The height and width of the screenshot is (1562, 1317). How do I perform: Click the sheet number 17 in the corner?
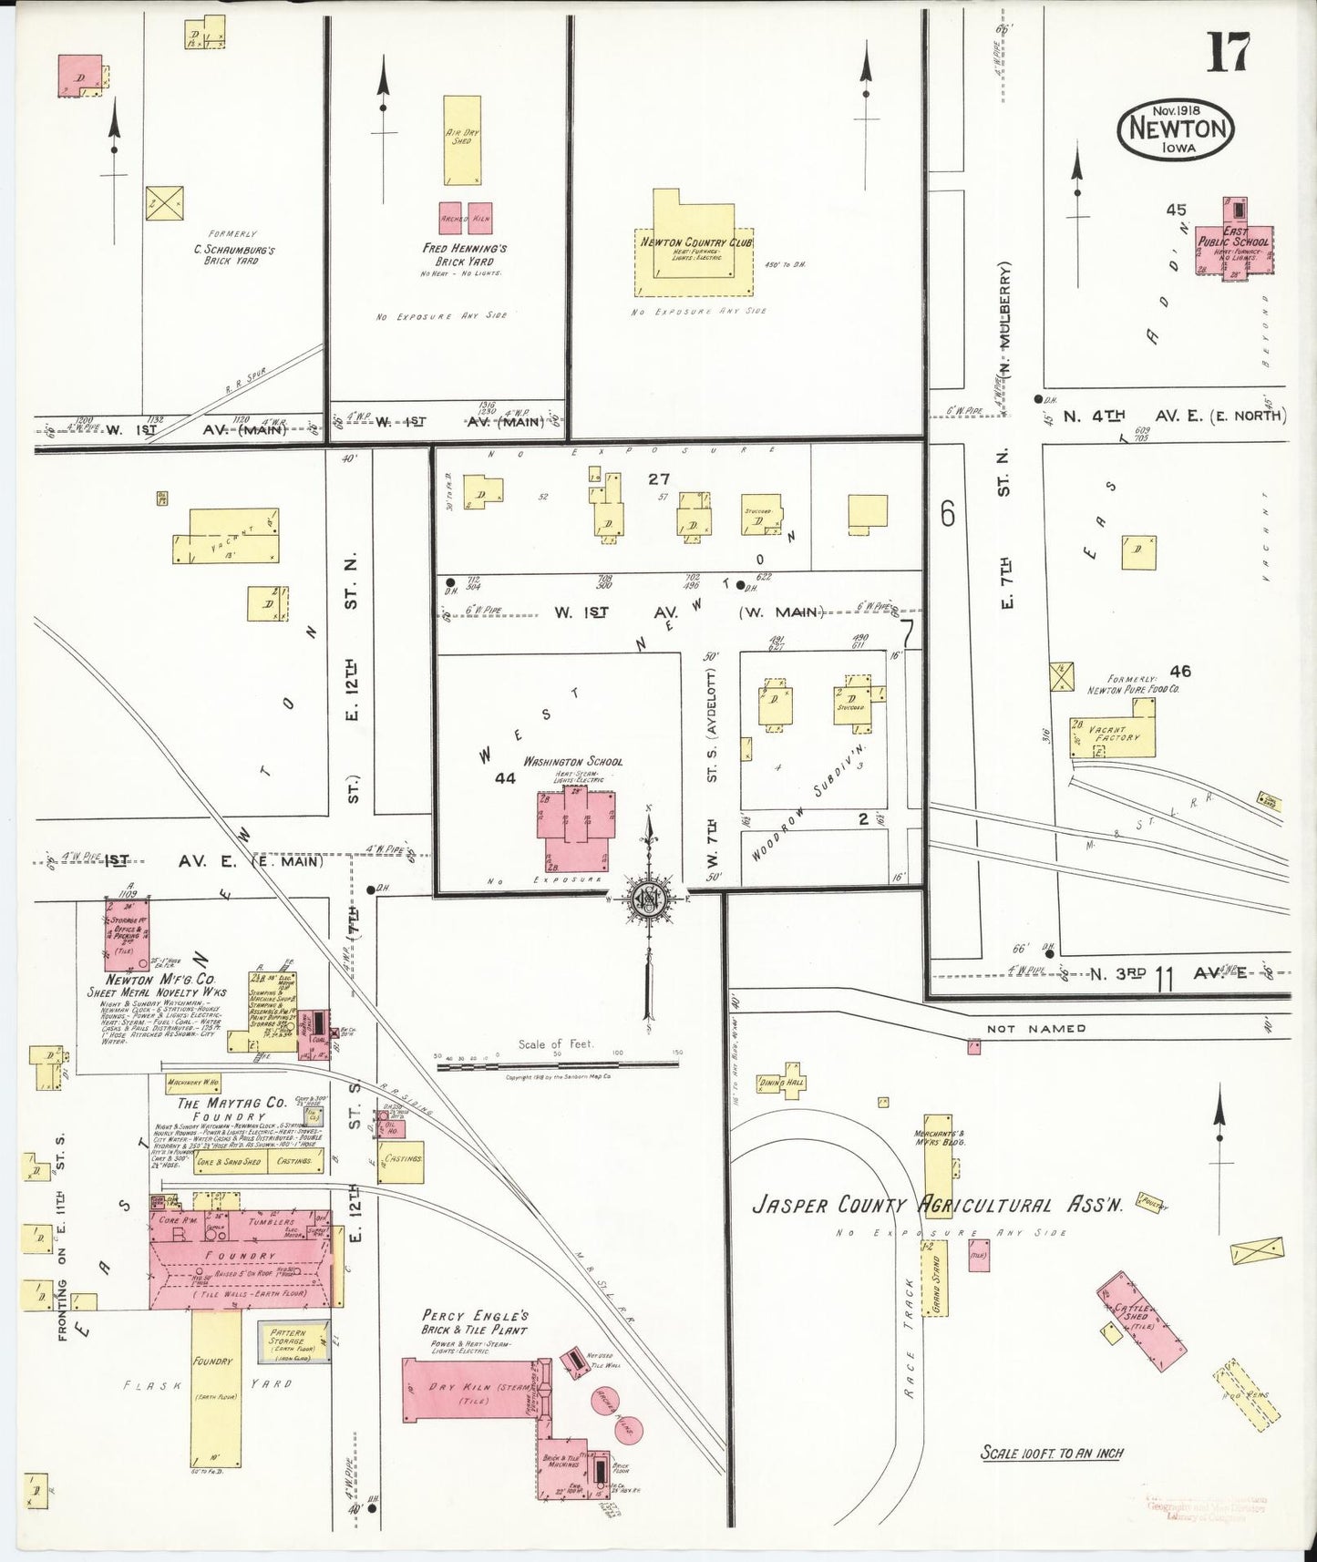[1228, 53]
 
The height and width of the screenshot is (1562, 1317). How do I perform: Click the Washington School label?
[572, 762]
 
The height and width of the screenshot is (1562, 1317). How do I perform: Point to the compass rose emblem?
[649, 898]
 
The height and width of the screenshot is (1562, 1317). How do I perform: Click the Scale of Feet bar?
[559, 1064]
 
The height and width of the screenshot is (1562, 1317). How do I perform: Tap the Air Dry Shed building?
[462, 141]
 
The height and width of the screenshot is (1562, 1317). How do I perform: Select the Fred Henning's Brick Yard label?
[465, 254]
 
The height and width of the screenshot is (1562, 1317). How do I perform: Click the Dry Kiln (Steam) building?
[472, 1389]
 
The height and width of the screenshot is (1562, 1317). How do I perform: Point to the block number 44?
[504, 777]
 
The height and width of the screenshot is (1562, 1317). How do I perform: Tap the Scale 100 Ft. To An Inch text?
[1051, 1453]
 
